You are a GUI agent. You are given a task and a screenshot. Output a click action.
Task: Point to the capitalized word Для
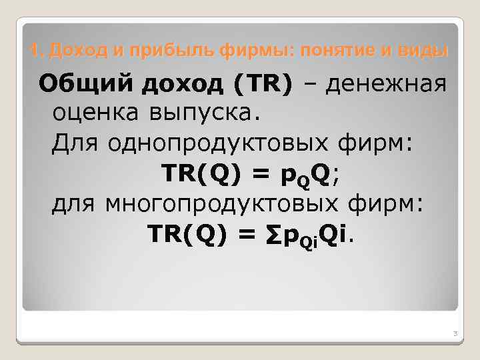tap(75, 143)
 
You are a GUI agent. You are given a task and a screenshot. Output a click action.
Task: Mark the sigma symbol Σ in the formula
tap(275, 233)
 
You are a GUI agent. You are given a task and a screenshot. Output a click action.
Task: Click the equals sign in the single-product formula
tap(262, 173)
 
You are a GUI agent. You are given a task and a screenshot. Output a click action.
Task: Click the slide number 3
tap(453, 333)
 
